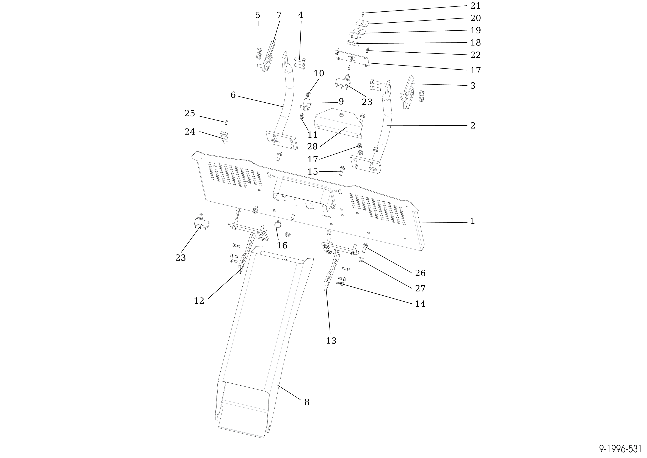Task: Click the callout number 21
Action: point(475,6)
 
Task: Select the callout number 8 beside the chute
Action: point(307,402)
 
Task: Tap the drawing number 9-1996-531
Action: point(620,449)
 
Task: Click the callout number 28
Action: point(312,146)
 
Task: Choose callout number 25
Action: point(190,113)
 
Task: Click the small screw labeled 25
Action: point(227,122)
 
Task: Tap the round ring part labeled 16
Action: point(278,225)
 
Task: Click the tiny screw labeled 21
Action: point(363,14)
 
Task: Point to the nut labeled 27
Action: point(361,260)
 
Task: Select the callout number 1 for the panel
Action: point(473,221)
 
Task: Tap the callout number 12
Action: point(199,301)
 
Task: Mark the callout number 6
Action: point(233,95)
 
